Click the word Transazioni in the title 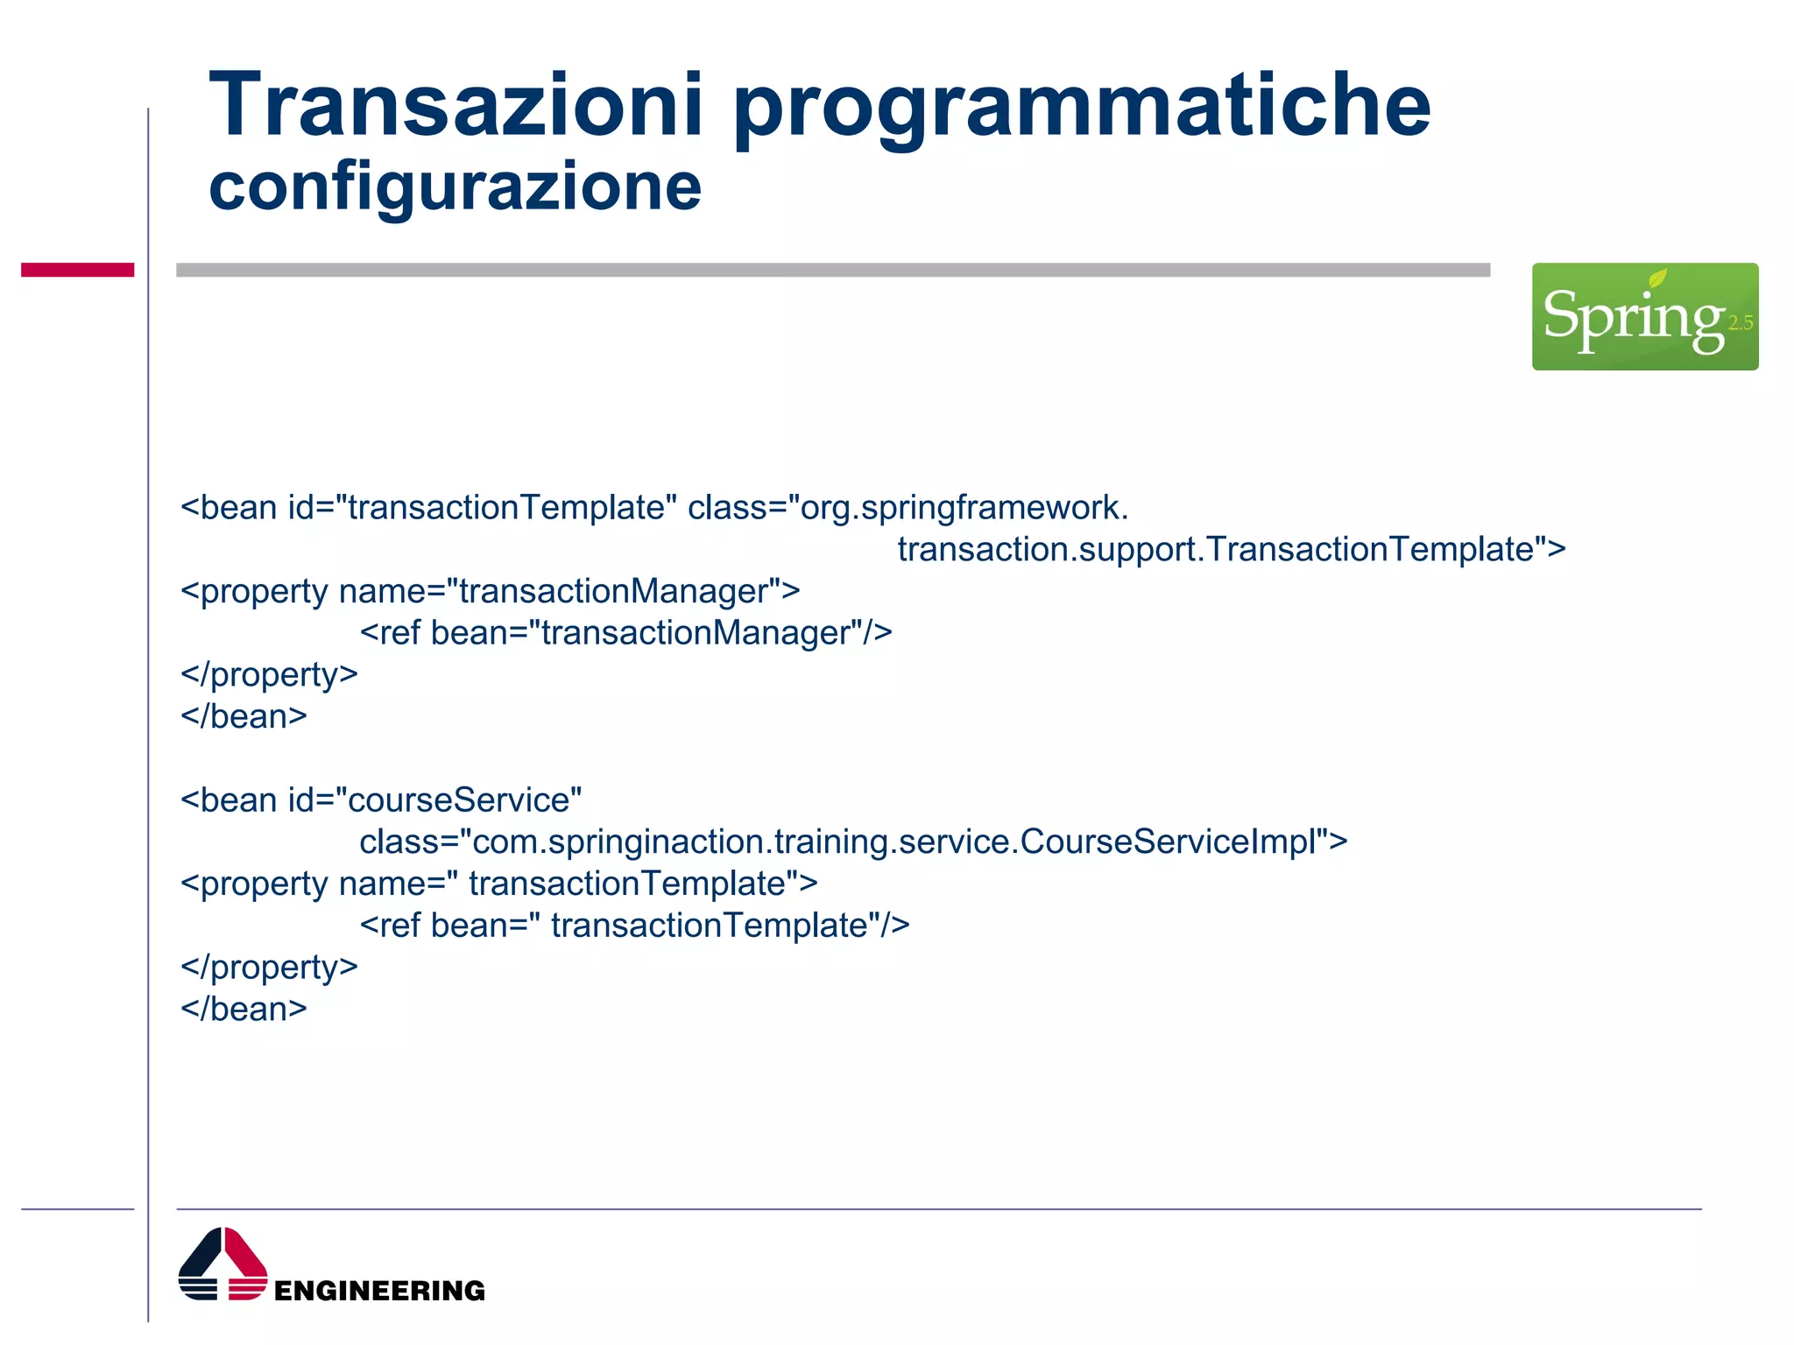pos(456,107)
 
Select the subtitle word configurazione pos(455,187)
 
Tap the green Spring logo pos(1643,316)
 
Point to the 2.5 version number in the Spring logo pos(1740,323)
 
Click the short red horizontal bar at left pos(77,270)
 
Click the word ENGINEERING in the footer pos(379,1290)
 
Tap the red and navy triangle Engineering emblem pos(222,1264)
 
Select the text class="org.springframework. pos(908,508)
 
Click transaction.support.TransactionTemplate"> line pos(1231,550)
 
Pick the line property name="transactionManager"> pos(490,591)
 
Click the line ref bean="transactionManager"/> pos(625,633)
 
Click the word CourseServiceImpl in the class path pos(1174,842)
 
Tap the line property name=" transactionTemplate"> pos(498,884)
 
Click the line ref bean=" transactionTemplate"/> pos(634,926)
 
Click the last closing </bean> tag pos(244,1009)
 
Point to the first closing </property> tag pos(269,675)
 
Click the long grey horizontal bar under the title pos(832,270)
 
